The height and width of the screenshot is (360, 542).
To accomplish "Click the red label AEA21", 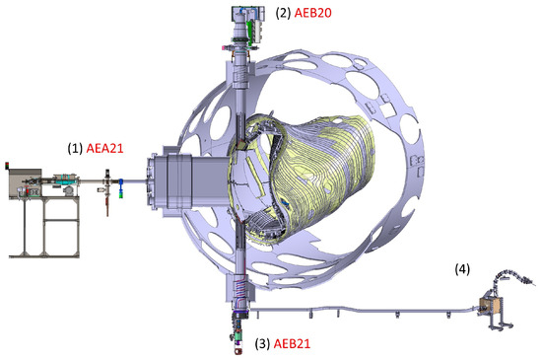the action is click(x=104, y=148).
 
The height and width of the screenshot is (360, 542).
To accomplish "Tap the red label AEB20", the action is click(x=312, y=13).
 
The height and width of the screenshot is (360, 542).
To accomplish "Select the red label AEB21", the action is click(x=292, y=344).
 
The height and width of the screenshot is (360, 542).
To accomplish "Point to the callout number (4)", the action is click(x=462, y=269).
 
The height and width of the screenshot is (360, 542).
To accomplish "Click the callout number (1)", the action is click(x=75, y=148).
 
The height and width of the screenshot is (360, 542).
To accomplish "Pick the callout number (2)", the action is click(x=283, y=13).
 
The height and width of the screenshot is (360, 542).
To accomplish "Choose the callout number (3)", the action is click(x=262, y=344).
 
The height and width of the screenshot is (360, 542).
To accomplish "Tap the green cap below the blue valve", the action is click(x=120, y=195).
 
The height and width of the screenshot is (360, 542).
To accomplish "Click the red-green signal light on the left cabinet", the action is click(x=7, y=166).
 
